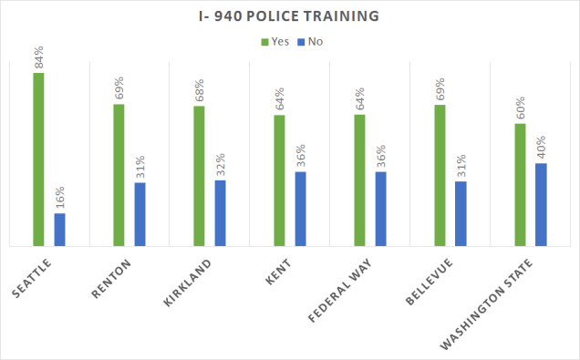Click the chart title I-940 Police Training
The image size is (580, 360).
pos(289,16)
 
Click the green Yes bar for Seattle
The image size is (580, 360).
pos(38,159)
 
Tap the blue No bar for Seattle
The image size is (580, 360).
pos(60,230)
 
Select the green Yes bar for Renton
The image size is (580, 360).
pos(119,175)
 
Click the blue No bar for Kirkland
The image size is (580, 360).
pos(220,213)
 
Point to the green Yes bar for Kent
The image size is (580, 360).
pos(279,180)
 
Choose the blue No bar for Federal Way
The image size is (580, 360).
pos(380,209)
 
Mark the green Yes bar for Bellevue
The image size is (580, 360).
pos(440,175)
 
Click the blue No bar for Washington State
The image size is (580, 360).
pos(541,204)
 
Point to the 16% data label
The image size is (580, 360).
pos(60,198)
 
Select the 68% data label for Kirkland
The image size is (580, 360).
pos(199,90)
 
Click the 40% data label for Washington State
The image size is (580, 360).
pos(541,149)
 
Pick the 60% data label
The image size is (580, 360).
pos(520,108)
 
